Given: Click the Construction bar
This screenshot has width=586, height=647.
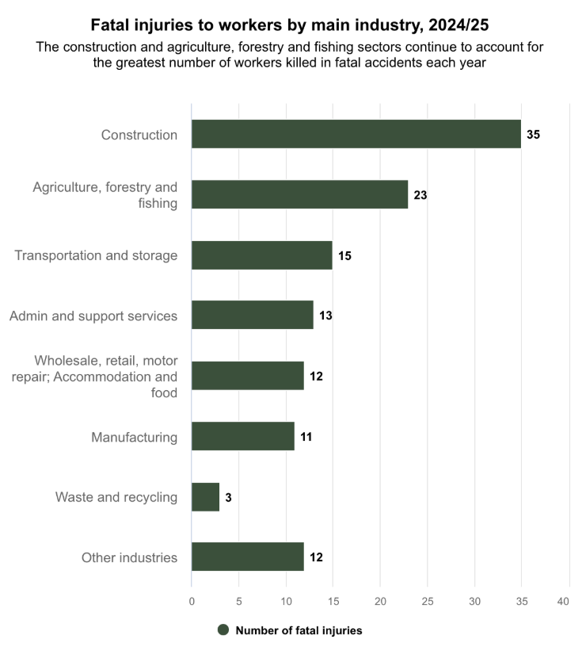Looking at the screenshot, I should [356, 134].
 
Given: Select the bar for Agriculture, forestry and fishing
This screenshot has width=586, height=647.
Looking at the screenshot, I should [299, 194].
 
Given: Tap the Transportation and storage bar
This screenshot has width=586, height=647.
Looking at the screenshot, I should [261, 255].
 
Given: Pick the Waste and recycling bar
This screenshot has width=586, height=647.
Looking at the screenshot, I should [205, 497].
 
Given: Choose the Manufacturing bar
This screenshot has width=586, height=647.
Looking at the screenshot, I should [243, 436].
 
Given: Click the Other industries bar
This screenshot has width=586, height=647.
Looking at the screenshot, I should [247, 557].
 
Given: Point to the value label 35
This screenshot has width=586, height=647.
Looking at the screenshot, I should [533, 135].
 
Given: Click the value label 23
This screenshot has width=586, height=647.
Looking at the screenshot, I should [420, 195].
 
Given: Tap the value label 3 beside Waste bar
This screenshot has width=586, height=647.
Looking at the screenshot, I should [228, 497].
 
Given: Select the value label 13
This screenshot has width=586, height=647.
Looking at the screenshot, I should [325, 316].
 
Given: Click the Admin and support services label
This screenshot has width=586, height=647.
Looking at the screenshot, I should [93, 316].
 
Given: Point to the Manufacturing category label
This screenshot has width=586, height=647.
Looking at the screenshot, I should [134, 437].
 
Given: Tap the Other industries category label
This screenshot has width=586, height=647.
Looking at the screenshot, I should [129, 557].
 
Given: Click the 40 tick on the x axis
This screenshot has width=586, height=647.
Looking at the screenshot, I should [564, 603].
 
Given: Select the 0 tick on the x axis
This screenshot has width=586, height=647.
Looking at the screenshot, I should [192, 603].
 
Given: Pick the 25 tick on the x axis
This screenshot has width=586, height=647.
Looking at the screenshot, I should [427, 603].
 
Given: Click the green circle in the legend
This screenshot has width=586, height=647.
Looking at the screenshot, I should [223, 630].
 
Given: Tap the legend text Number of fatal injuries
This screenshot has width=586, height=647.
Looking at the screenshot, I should [299, 630].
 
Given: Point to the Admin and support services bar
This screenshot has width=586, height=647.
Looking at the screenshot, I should [252, 316].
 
